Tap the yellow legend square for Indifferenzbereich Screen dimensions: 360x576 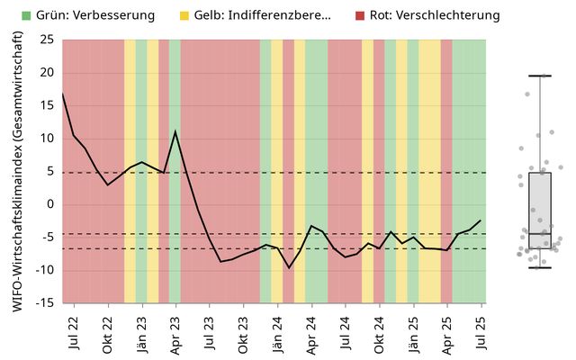184,15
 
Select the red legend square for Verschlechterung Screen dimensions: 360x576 360,15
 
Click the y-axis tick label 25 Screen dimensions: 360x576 46,40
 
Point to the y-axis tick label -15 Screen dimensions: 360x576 44,303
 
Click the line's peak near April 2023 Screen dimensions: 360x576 175,131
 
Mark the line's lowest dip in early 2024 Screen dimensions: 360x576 289,267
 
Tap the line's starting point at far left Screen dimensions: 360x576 62,93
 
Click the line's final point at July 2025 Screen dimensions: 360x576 481,220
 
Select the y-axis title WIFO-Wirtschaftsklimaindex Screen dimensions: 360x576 18,171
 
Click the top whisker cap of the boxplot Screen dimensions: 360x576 540,76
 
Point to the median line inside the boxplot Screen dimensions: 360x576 540,233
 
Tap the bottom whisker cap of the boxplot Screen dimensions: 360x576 540,267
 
